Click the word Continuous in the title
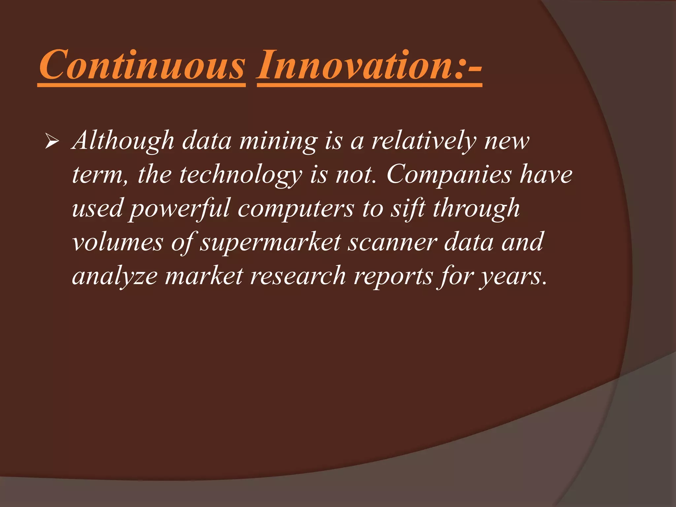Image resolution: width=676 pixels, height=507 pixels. coord(142,65)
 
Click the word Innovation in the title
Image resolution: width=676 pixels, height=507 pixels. coord(355,65)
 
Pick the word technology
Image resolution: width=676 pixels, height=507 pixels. coord(240,175)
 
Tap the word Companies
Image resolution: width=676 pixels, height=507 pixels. coord(449,175)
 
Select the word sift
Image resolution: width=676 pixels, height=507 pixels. coord(408,209)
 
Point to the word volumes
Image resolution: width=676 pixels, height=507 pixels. coord(118,243)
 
